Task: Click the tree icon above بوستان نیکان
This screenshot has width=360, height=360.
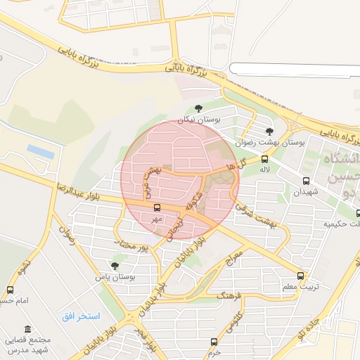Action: (x=198, y=108)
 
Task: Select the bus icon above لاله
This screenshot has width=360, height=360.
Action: (x=264, y=159)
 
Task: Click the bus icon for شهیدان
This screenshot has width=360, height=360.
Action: (x=306, y=181)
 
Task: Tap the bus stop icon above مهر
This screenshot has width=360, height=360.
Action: (x=157, y=207)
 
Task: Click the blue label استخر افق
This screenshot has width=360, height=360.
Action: (x=81, y=315)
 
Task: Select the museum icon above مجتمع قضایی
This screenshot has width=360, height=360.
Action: (x=27, y=329)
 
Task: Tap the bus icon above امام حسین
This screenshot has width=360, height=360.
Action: (x=10, y=290)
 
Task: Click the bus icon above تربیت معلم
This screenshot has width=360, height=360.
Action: (x=301, y=276)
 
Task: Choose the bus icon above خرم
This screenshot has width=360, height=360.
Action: (x=214, y=342)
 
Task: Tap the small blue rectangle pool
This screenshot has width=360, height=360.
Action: (x=41, y=151)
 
